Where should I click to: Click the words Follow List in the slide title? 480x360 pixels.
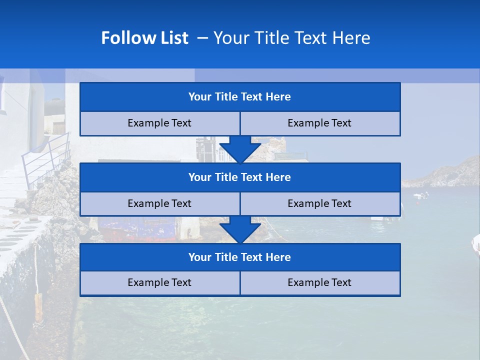[x=144, y=38]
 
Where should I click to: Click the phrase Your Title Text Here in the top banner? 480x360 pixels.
[x=291, y=38]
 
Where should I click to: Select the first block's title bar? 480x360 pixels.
[x=240, y=97]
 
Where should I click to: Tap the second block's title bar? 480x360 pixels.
[x=240, y=177]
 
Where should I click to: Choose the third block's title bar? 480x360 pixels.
[x=240, y=257]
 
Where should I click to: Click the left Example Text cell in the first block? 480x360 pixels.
[x=159, y=123]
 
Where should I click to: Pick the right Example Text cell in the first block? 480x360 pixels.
[x=320, y=123]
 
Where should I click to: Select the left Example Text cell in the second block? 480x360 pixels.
[x=159, y=204]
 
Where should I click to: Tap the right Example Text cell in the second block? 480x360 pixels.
[x=320, y=204]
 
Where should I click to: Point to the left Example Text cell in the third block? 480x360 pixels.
[x=159, y=283]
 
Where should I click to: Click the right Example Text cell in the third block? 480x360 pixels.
[x=320, y=283]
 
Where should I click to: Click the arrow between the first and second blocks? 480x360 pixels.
[x=240, y=149]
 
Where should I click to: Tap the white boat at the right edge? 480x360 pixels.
[x=475, y=244]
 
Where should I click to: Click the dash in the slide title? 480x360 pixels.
[x=202, y=38]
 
